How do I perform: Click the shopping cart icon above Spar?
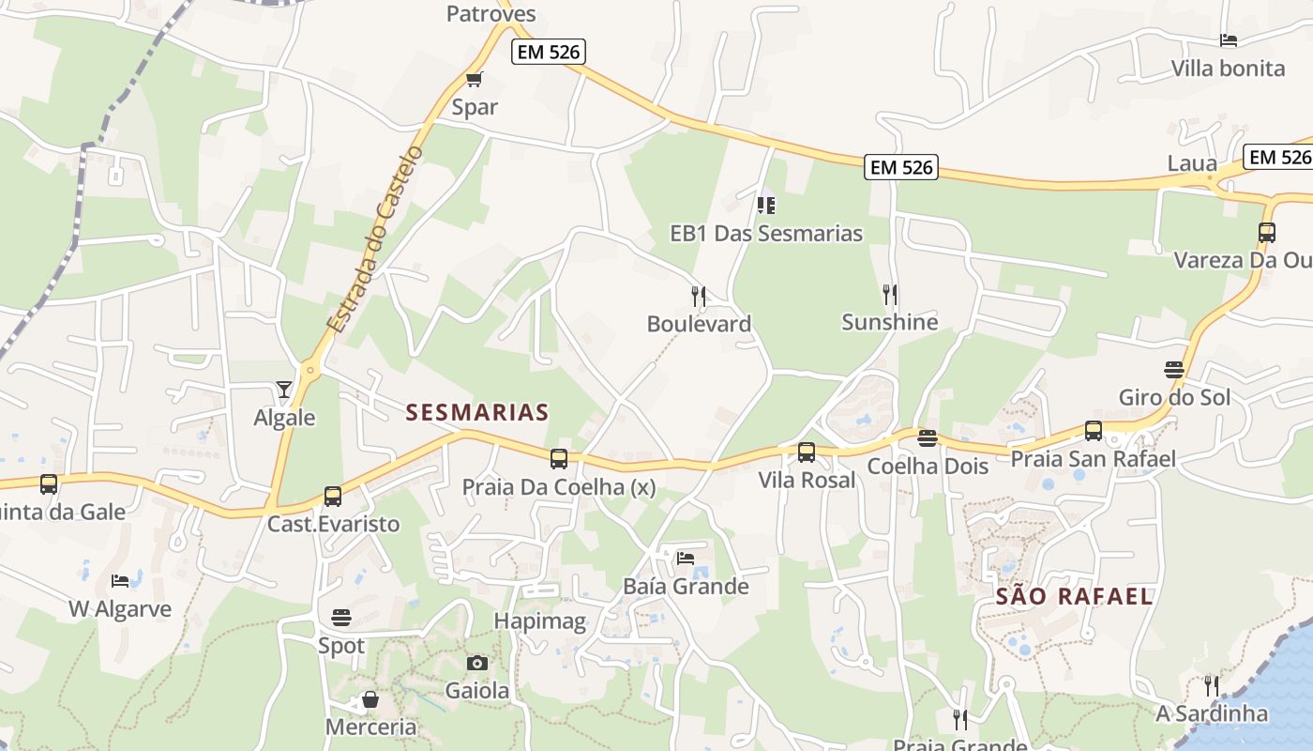point(474,80)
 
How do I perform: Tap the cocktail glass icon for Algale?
point(284,389)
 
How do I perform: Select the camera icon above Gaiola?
point(477,663)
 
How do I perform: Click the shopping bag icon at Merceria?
point(370,699)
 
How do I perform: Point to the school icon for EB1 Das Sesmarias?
point(766,204)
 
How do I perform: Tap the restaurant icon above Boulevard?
point(699,297)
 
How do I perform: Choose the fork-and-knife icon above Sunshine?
point(890,295)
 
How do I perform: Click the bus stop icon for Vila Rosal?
point(807,452)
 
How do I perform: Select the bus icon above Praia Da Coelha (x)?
point(559,459)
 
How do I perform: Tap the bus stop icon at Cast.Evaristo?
point(333,497)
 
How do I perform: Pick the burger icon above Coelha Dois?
point(928,438)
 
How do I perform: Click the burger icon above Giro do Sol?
point(1174,370)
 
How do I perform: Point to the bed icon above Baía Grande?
point(686,558)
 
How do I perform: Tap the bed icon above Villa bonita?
point(1229,40)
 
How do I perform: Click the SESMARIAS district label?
point(477,412)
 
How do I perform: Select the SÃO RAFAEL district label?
point(1074,596)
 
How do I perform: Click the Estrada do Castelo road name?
point(375,238)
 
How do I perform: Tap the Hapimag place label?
point(539,621)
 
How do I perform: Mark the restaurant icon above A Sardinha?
point(1212,685)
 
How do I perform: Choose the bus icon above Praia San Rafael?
point(1094,431)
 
